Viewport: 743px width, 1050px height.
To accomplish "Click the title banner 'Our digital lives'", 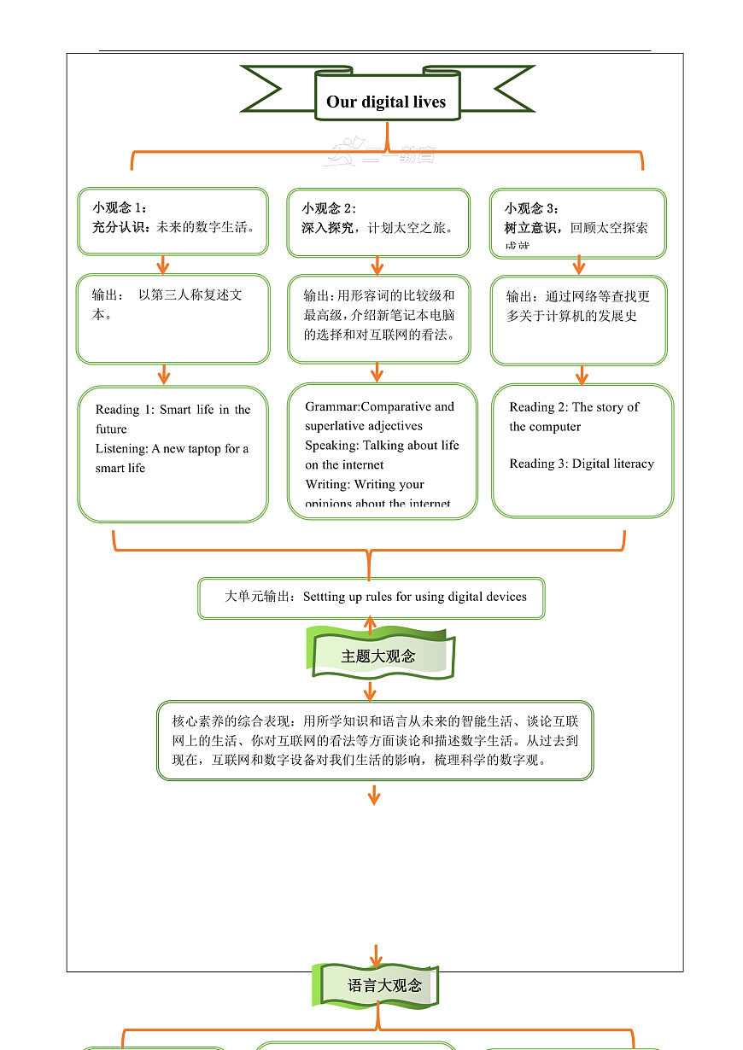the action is point(386,102).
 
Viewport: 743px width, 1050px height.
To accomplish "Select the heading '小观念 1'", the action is point(119,207).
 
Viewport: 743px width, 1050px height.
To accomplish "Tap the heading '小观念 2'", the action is point(328,207).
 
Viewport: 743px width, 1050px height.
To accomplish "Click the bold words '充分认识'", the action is point(120,227).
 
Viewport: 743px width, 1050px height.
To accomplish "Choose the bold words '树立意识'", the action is point(532,228).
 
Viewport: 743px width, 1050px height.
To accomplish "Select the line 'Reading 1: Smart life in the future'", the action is point(173,419).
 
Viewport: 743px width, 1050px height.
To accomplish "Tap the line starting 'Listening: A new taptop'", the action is point(172,458).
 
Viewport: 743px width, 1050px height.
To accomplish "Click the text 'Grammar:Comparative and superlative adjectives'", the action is point(379,416).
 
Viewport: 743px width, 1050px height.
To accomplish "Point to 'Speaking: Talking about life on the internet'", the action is point(382,455).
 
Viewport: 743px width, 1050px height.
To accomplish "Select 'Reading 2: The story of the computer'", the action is point(574,417).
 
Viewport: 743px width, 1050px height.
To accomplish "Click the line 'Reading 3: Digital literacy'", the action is point(582,464).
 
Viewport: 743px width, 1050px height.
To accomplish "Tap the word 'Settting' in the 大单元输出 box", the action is point(324,597).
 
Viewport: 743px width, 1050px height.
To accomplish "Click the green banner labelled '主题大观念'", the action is point(378,656).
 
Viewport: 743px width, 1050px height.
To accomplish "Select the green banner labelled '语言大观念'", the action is point(383,985).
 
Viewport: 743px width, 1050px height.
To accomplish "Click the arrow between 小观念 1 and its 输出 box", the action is point(163,264).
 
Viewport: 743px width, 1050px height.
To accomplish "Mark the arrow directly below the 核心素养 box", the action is point(373,796).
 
